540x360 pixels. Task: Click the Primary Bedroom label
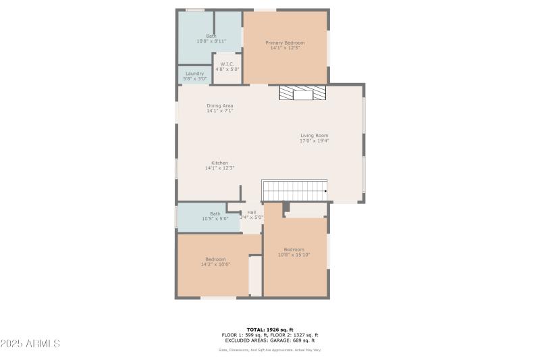pos(285,43)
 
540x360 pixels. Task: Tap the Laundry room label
pos(194,74)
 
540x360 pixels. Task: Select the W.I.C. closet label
pos(227,64)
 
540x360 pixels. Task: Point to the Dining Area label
pos(220,105)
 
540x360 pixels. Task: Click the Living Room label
pos(314,135)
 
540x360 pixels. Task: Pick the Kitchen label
pos(219,163)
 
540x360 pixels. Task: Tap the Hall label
pos(252,212)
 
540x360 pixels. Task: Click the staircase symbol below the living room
pos(294,190)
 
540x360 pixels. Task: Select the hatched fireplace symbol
pos(302,93)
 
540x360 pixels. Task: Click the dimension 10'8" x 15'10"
pos(294,255)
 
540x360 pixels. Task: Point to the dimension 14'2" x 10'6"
pos(215,264)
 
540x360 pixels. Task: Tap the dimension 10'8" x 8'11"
pos(211,41)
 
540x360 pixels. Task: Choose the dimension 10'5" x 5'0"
pos(215,219)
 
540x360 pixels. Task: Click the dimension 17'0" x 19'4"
pos(314,140)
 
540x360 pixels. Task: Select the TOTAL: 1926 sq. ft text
pos(270,330)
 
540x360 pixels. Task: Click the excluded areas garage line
pos(270,340)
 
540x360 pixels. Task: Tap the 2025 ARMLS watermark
pos(30,344)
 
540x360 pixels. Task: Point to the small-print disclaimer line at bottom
pos(270,350)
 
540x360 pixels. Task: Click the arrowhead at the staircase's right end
pos(325,191)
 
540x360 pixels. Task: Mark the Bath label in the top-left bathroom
pos(211,36)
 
